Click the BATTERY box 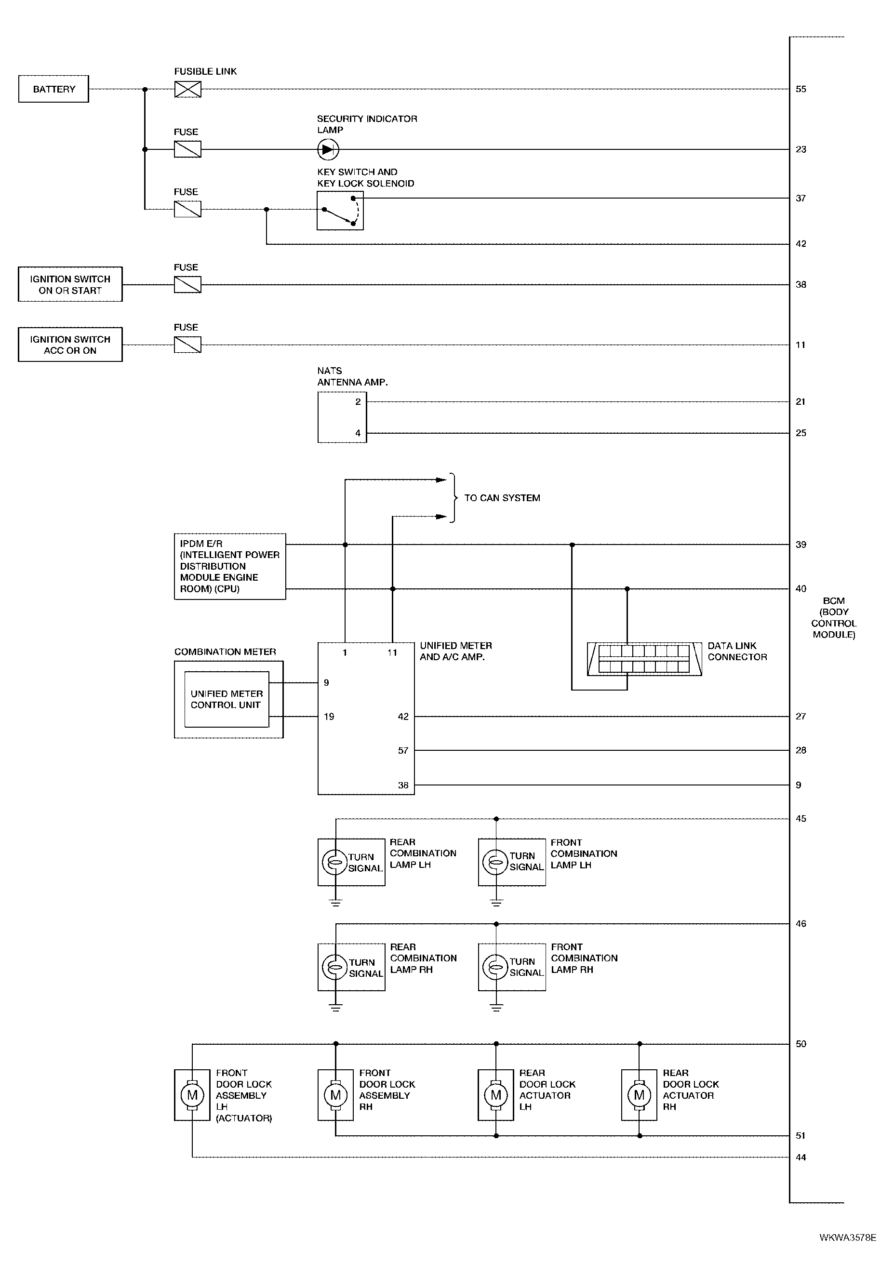coord(53,89)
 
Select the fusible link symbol coord(187,89)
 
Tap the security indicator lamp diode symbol coord(328,149)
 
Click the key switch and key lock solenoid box coord(340,210)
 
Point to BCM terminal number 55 coord(801,89)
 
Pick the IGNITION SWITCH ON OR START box coord(70,284)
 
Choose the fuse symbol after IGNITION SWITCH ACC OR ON coord(187,345)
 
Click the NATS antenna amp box coord(342,417)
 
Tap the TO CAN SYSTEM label coord(502,498)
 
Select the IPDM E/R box coord(230,566)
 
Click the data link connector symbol coord(644,659)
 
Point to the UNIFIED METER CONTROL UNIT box coord(227,699)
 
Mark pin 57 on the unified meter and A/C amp coord(403,750)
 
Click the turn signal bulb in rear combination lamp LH coord(335,862)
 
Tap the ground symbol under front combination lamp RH coord(496,1007)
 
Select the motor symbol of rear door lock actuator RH coord(639,1095)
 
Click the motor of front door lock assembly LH coord(192,1095)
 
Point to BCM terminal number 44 coord(801,1157)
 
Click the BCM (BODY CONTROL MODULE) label coord(833,617)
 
